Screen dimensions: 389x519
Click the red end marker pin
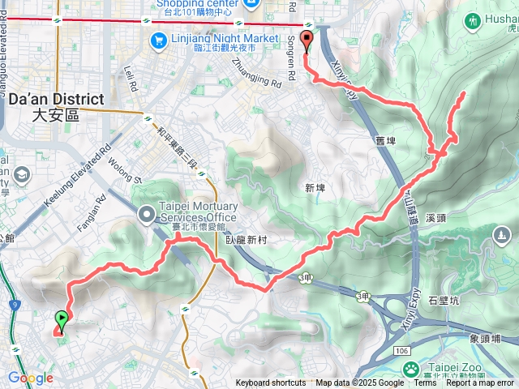tap(306, 42)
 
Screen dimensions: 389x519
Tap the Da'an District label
tap(56, 106)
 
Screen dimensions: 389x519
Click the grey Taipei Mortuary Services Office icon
tap(147, 215)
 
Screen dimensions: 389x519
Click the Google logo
tap(30, 378)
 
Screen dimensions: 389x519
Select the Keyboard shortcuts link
tap(271, 383)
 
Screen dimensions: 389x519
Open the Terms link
tap(424, 383)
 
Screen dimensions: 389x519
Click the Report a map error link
tap(481, 383)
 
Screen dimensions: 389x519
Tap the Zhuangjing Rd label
tap(256, 73)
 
